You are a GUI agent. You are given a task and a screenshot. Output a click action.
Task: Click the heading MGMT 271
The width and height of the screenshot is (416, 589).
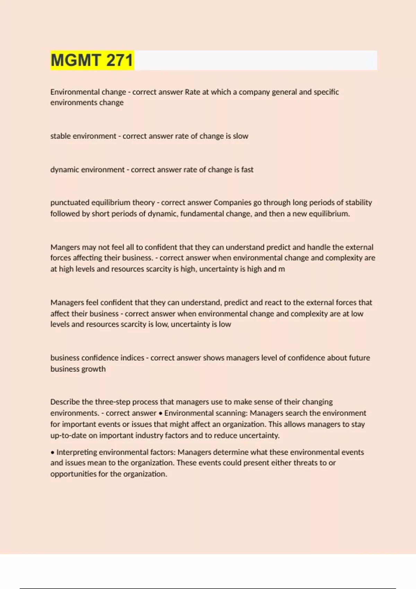(x=92, y=60)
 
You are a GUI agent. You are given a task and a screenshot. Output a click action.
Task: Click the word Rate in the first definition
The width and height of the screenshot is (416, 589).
(x=192, y=92)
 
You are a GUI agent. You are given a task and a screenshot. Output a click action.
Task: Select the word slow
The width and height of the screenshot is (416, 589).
(x=241, y=136)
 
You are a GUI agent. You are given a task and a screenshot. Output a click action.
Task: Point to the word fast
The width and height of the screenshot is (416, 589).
(x=247, y=169)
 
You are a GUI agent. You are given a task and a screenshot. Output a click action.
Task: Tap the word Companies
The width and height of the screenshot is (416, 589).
(x=232, y=202)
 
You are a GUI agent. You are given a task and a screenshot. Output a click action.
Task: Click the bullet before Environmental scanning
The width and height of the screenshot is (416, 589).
(x=161, y=413)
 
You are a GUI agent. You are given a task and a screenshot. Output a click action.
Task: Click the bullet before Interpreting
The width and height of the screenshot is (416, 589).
(x=53, y=452)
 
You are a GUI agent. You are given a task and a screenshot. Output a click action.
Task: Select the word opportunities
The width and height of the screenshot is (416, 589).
(x=73, y=474)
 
